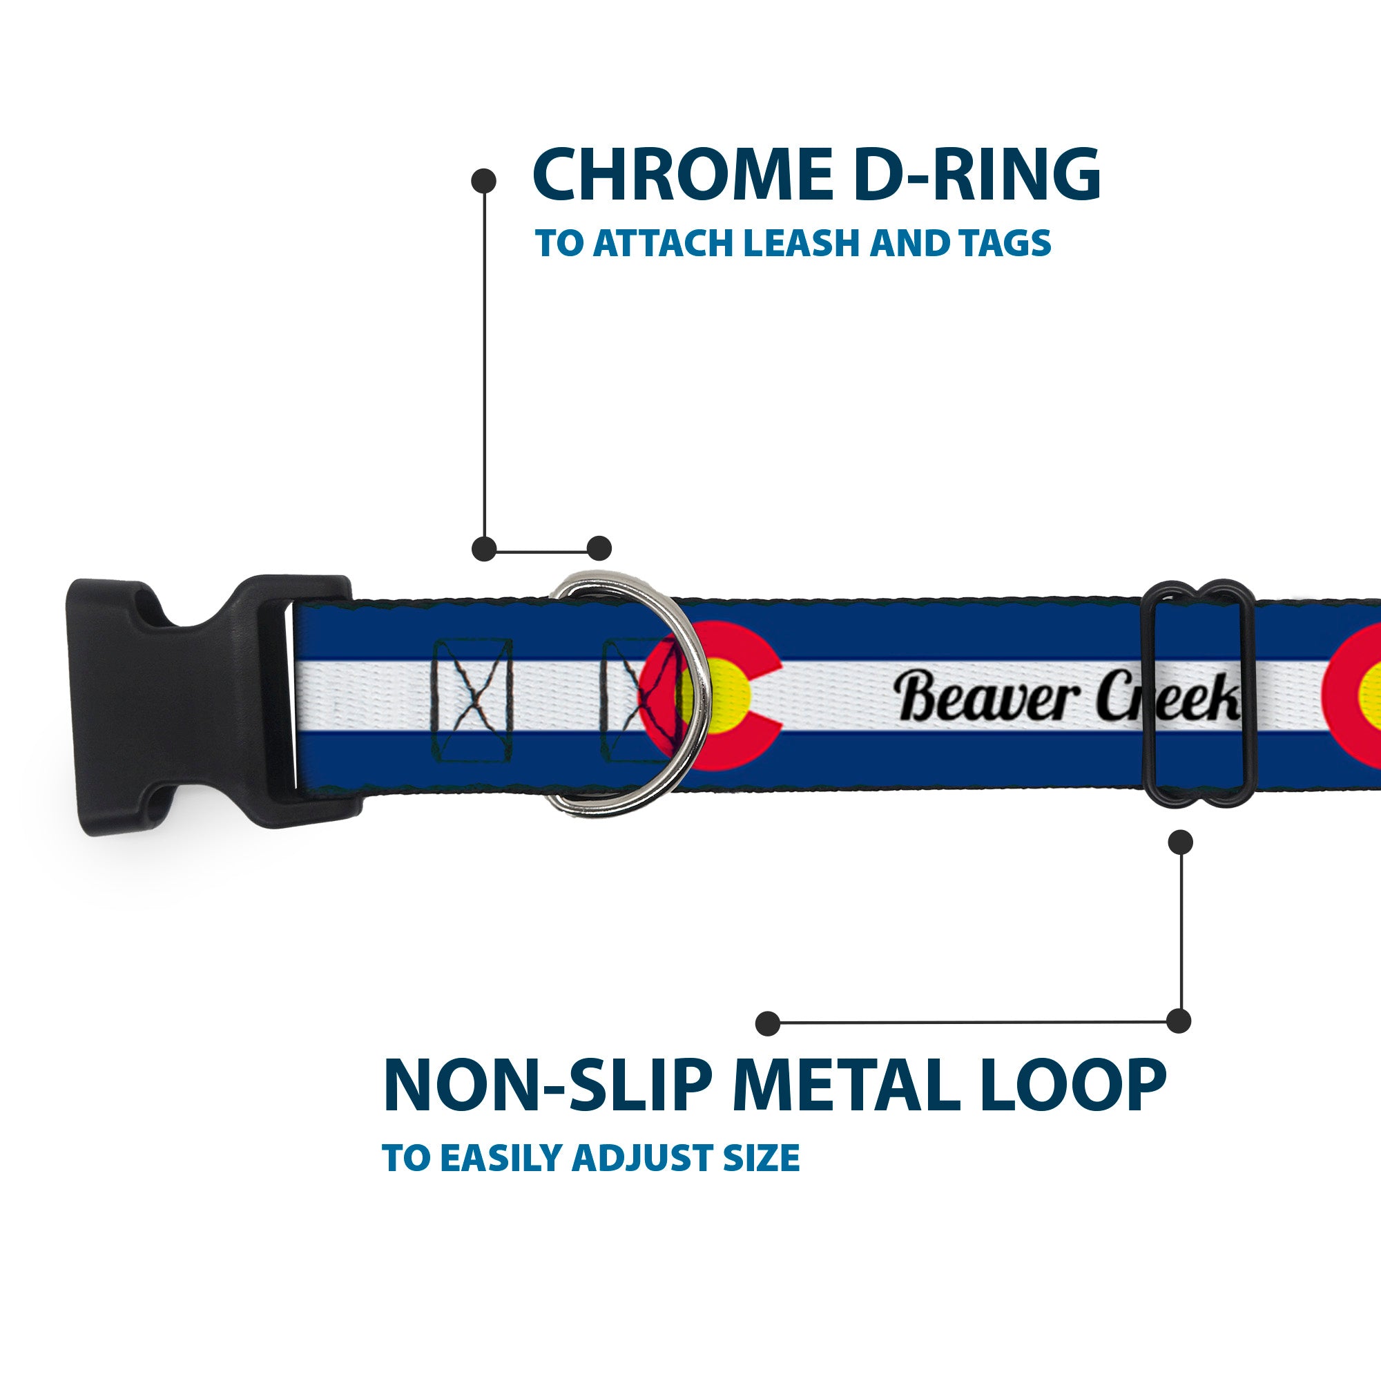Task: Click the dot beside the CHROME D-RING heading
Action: tap(484, 181)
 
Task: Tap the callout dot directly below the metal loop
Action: tap(1180, 842)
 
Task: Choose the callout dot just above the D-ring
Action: tap(599, 548)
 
